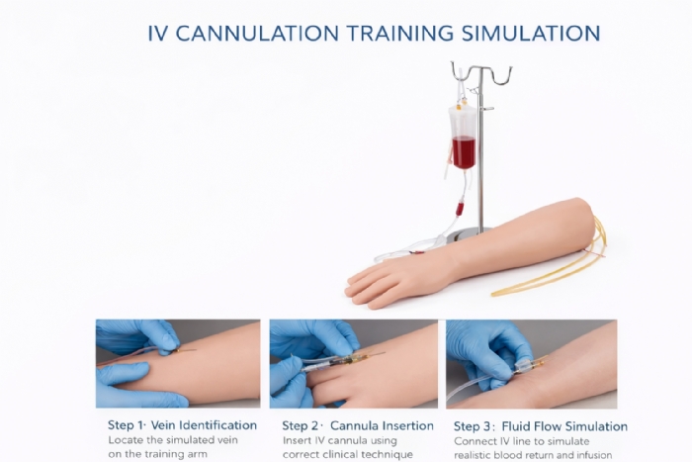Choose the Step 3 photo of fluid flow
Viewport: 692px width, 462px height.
[x=531, y=363]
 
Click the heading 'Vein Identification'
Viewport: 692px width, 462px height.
[x=209, y=425]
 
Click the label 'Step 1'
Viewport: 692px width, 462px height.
[x=127, y=425]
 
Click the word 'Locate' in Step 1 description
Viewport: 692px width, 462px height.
[x=127, y=439]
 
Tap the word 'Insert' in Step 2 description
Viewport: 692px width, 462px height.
[x=300, y=439]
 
